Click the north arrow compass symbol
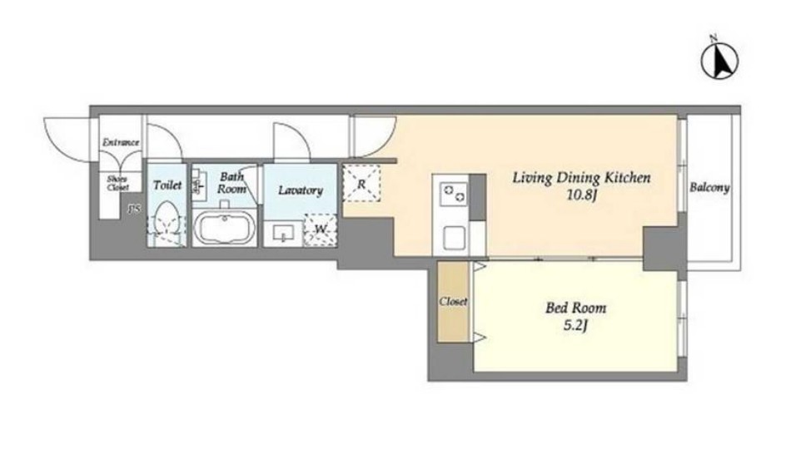coord(719,59)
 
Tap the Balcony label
coord(709,188)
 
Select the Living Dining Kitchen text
coord(581,178)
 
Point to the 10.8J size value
coord(581,195)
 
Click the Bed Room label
coord(575,308)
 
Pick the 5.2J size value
coord(575,326)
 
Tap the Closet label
coord(453,301)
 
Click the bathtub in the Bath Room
coord(224,228)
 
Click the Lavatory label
coord(301,190)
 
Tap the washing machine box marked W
coord(321,229)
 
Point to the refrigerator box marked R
coord(361,183)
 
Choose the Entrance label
coord(121,143)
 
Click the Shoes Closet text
coord(117,183)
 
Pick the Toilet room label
coord(167,185)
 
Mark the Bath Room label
coord(232,183)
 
